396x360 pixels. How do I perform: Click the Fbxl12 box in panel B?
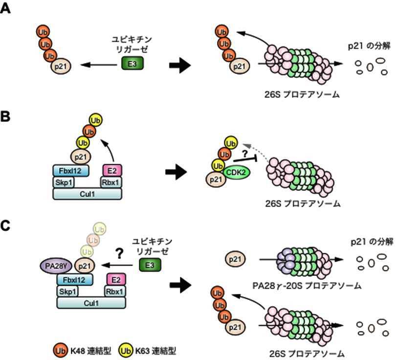point(71,170)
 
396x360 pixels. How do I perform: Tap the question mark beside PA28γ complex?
point(118,252)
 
